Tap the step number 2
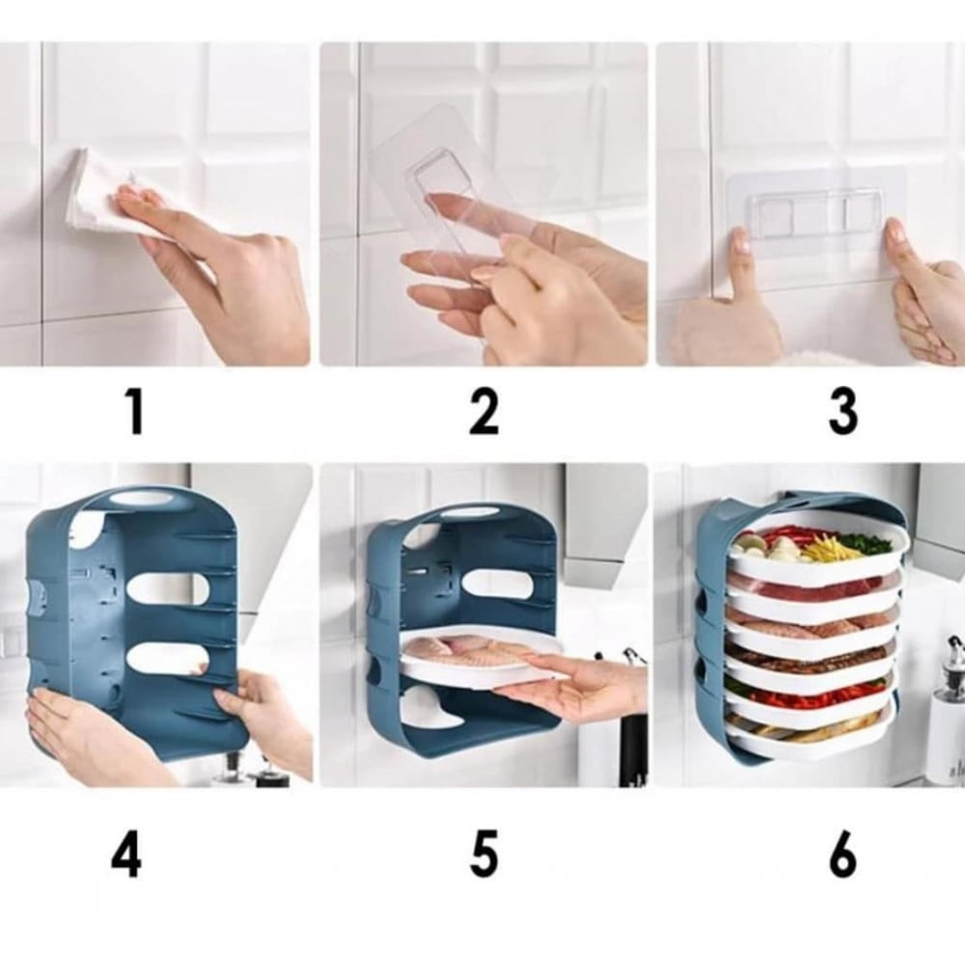pyautogui.click(x=483, y=412)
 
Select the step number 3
pyautogui.click(x=842, y=412)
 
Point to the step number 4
pyautogui.click(x=126, y=855)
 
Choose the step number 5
pyautogui.click(x=483, y=855)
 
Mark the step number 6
pyautogui.click(x=842, y=855)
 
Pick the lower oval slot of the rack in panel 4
pyautogui.click(x=168, y=661)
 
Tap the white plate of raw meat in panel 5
pyautogui.click(x=483, y=658)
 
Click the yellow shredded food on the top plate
pyautogui.click(x=826, y=547)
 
